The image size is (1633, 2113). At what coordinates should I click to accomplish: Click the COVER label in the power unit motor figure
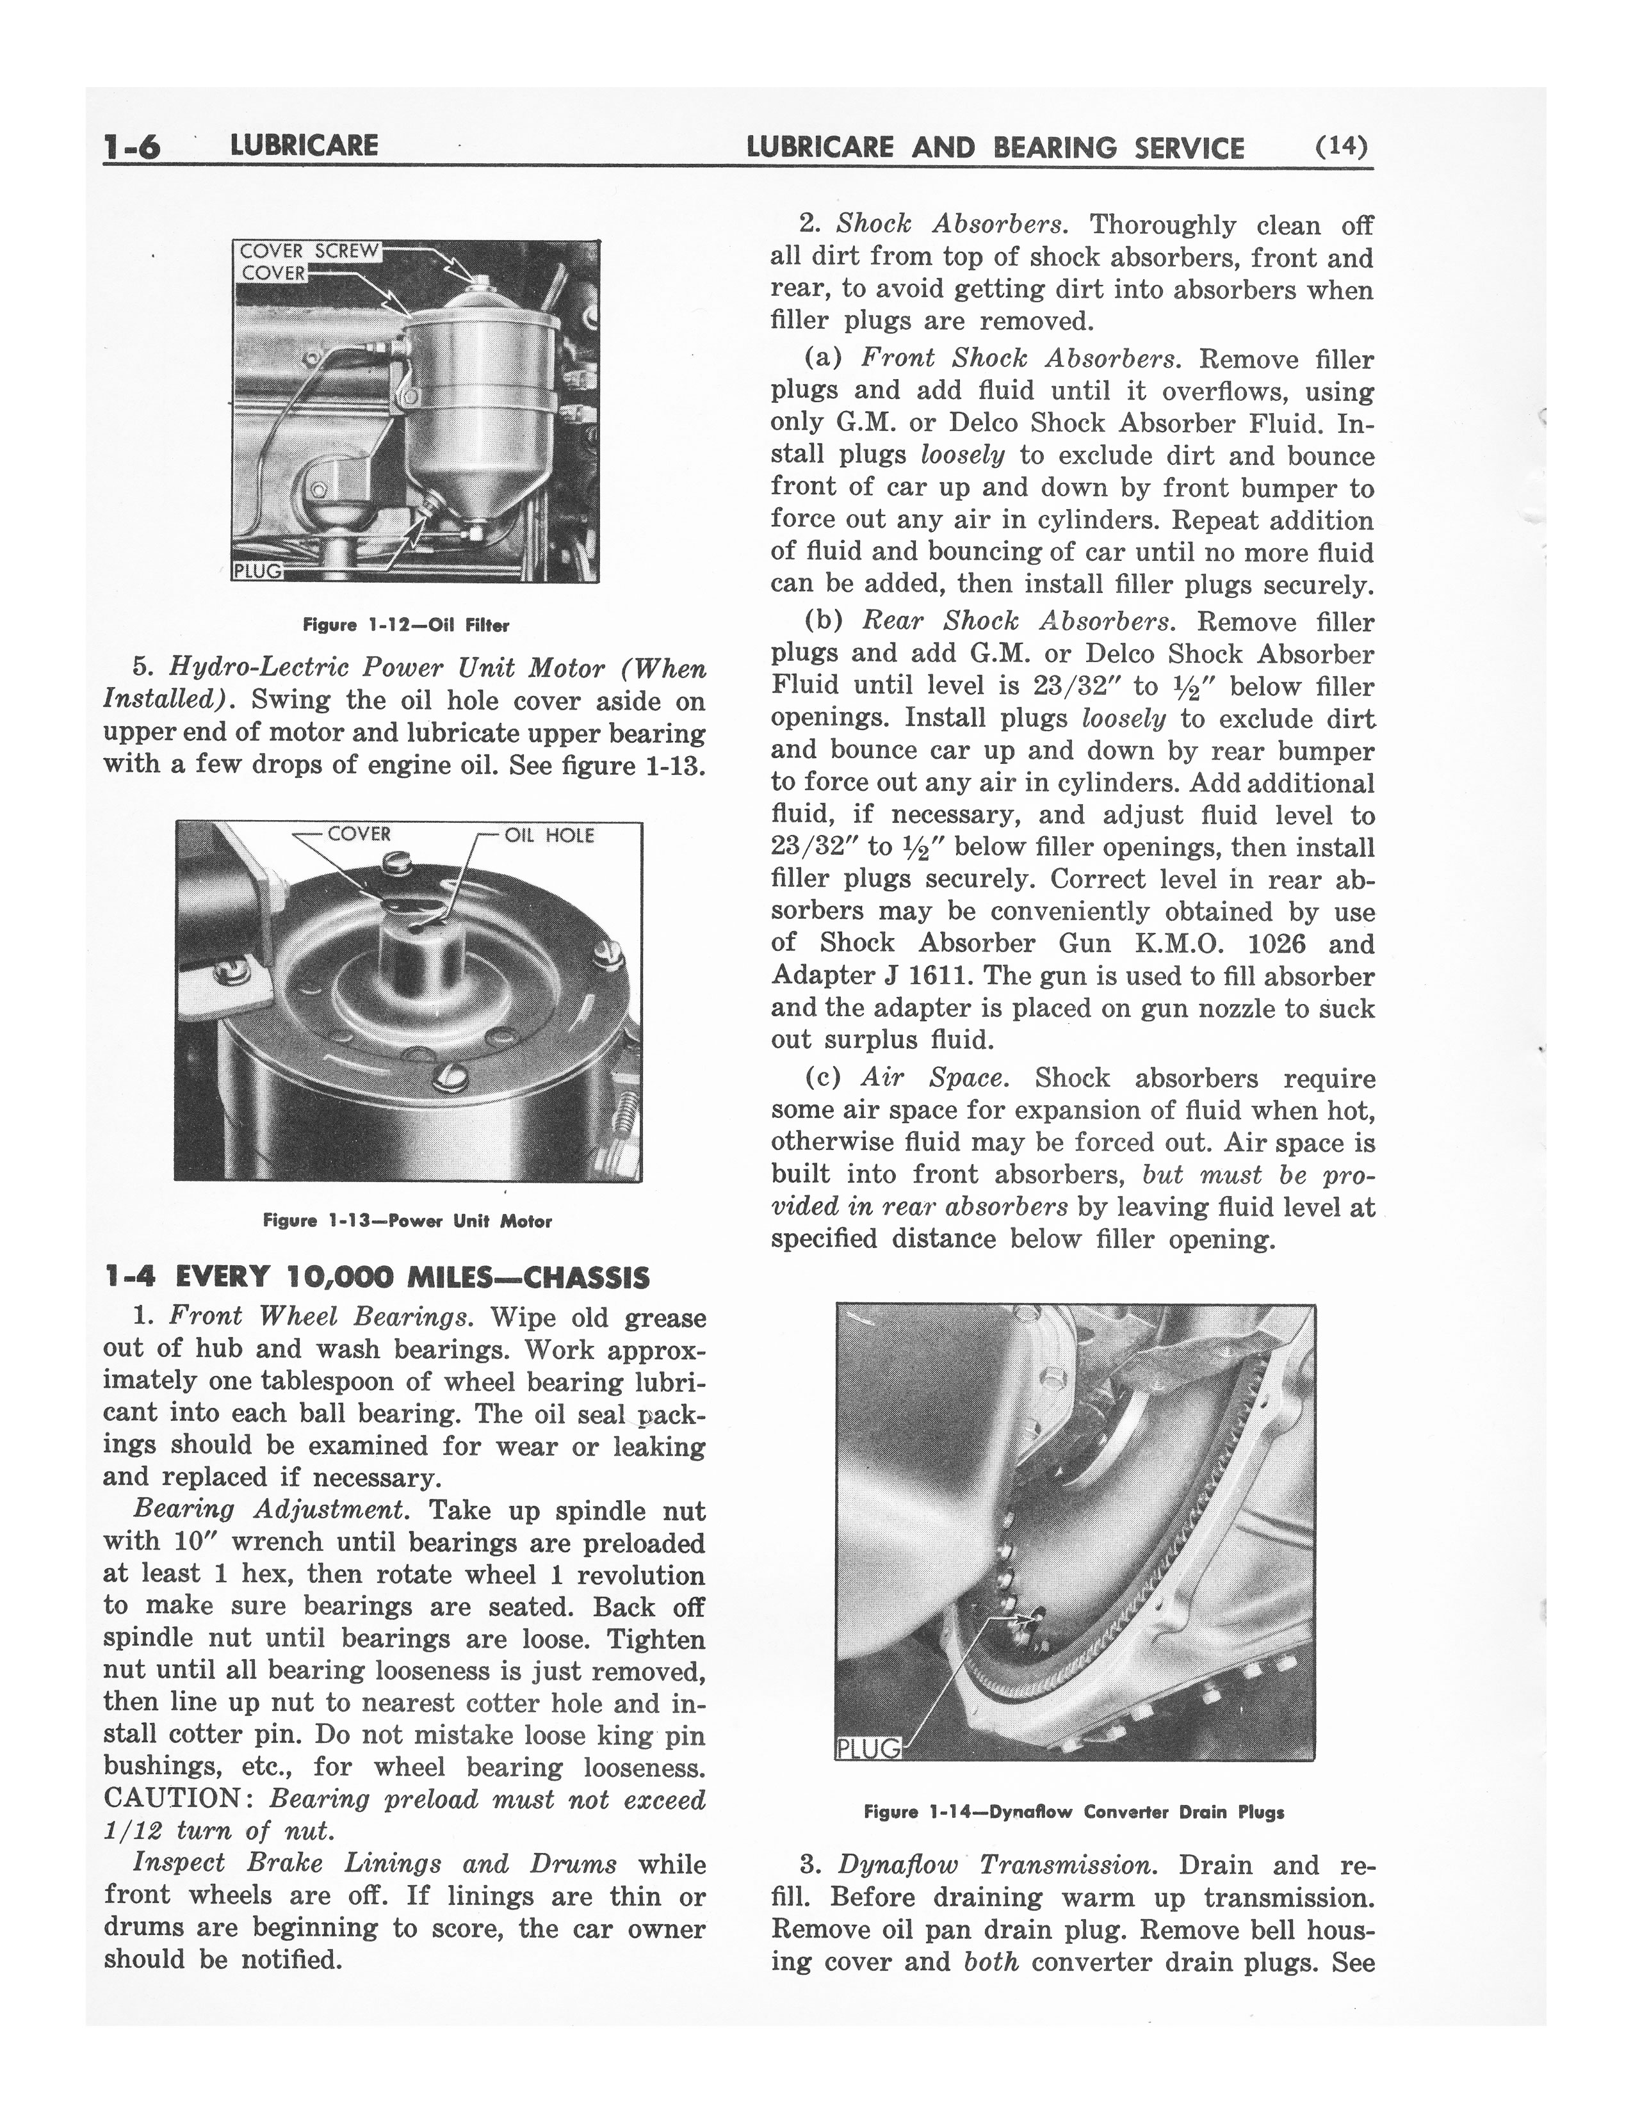pyautogui.click(x=359, y=834)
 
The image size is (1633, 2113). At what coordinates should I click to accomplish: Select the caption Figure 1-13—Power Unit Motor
pyautogui.click(x=407, y=1221)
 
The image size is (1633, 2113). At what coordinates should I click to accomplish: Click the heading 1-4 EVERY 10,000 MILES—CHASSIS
pyautogui.click(x=377, y=1277)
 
